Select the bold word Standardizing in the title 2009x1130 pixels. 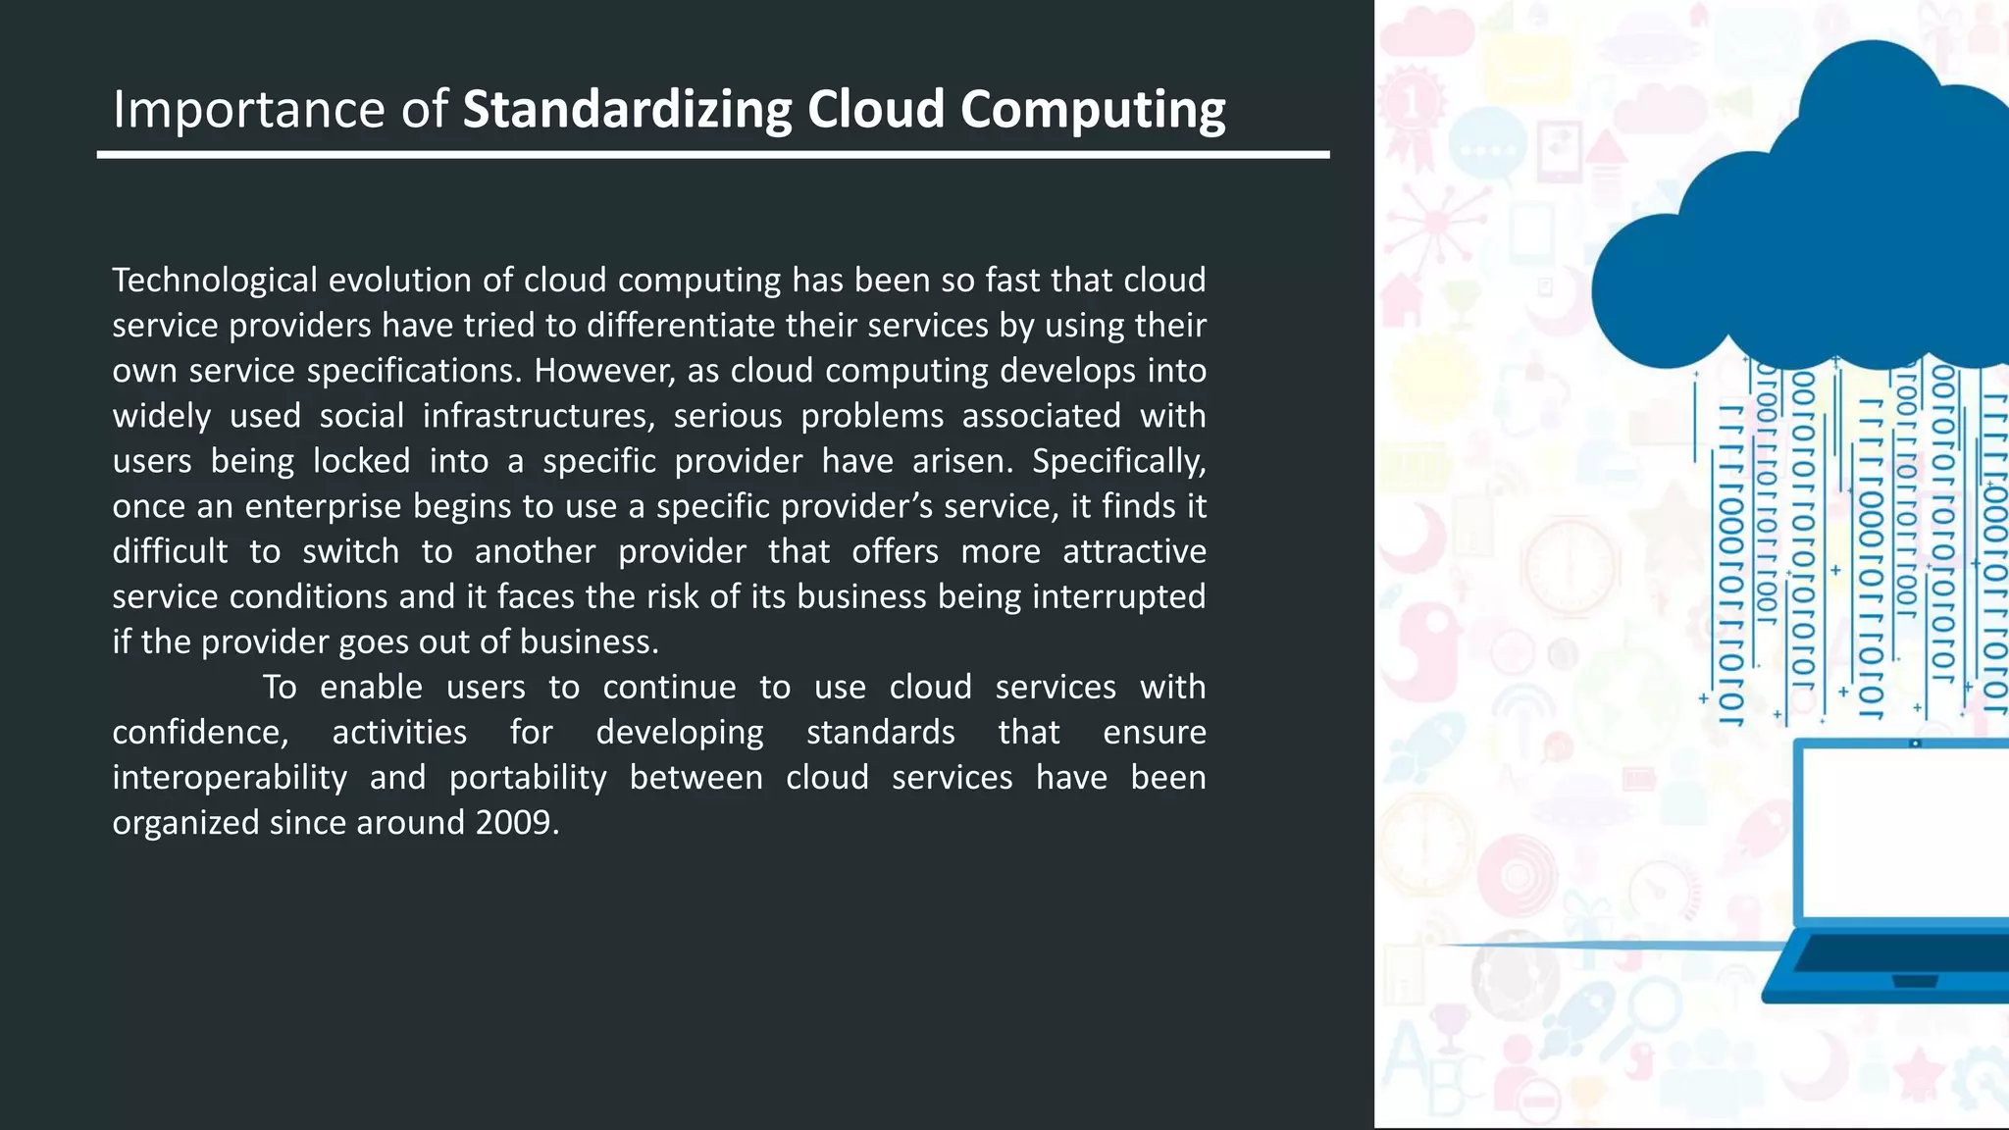(627, 109)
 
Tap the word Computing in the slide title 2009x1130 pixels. (1093, 109)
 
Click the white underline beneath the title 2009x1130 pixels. (713, 154)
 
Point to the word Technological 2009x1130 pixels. (215, 280)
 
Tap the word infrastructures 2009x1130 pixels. (539, 415)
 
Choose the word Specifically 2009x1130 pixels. (1118, 460)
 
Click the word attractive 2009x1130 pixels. (1134, 551)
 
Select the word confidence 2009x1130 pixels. (200, 732)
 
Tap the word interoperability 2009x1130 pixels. (230, 777)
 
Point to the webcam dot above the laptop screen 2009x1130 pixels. (1916, 744)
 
